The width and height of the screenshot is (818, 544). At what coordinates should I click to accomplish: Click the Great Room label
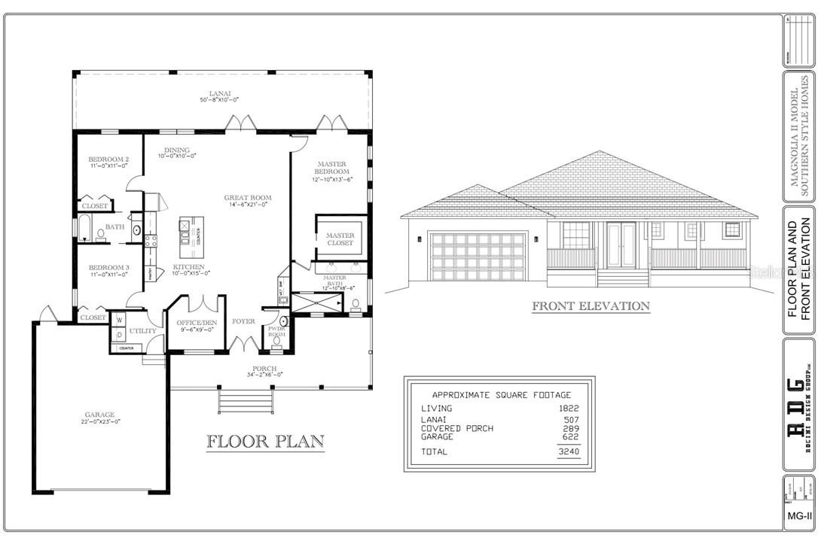(x=247, y=199)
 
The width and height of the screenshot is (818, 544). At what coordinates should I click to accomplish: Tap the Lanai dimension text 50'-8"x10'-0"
(x=219, y=100)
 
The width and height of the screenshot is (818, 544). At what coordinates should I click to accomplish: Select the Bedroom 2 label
(x=108, y=160)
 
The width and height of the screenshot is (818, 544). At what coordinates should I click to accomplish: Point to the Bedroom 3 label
(x=108, y=267)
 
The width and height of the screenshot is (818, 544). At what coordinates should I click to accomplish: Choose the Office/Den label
(x=196, y=323)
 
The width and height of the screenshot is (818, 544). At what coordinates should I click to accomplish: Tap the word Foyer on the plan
(x=243, y=321)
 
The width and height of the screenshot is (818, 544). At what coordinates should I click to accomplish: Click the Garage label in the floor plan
(x=99, y=415)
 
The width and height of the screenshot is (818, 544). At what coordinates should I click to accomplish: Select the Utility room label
(x=142, y=331)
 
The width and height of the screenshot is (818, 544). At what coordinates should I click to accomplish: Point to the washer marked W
(x=119, y=320)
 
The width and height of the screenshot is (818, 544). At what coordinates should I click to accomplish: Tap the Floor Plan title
(x=255, y=441)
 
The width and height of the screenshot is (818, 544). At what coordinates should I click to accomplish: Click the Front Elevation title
(x=591, y=306)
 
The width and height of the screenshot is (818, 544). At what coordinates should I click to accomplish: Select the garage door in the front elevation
(x=477, y=257)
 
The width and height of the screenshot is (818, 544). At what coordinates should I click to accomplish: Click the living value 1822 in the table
(x=569, y=409)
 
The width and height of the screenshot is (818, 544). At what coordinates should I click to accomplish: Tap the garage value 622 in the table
(x=570, y=436)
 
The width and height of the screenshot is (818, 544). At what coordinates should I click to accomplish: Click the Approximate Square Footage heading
(x=500, y=394)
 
